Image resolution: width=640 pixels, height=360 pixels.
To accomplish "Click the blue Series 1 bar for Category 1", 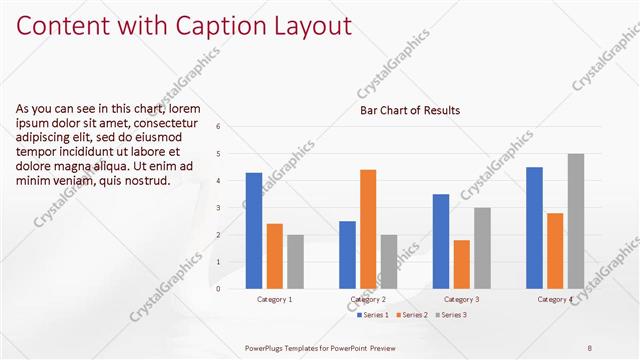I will point(254,230).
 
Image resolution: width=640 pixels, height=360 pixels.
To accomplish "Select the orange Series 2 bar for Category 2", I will point(368,229).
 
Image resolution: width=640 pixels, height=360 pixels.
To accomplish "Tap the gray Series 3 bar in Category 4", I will point(576,221).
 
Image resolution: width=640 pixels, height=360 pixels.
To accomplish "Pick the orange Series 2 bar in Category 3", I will point(461,264).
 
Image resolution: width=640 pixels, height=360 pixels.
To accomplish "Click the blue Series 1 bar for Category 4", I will point(534,227).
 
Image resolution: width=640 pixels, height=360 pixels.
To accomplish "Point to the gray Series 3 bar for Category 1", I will point(295,261).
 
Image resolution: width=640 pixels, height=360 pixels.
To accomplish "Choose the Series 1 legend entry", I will point(374,315).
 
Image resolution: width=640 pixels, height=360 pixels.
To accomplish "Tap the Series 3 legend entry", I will point(451,315).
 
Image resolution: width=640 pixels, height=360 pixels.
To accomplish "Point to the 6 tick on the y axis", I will point(232,127).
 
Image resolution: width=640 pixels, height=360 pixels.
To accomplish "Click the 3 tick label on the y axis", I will point(232,208).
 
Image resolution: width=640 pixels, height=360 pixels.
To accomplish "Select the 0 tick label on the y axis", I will point(232,289).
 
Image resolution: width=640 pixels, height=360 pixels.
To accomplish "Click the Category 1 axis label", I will point(274,299).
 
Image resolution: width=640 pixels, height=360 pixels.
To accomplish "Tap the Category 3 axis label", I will point(461,299).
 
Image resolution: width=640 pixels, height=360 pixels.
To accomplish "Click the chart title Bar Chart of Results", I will point(410,110).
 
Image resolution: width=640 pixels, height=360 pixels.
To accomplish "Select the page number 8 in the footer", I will point(590,347).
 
